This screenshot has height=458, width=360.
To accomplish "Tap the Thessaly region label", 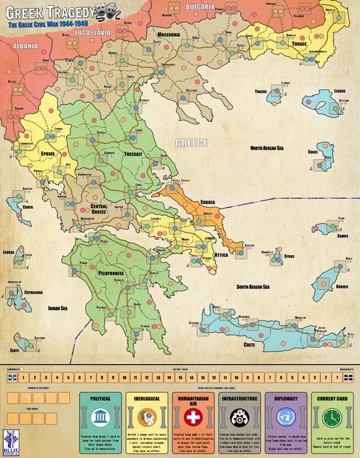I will (135, 154).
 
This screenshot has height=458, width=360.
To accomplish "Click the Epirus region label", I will (49, 155).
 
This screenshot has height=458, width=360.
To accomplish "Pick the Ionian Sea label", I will (57, 308).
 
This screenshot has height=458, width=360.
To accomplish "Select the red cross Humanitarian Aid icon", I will (193, 417).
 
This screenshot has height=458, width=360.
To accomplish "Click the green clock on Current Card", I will (332, 417).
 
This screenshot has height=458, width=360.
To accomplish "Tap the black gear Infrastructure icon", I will (239, 417).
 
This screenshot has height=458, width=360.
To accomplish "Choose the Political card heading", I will (100, 398).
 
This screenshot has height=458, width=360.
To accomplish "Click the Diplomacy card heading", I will (285, 398).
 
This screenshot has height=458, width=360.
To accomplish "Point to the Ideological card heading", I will (146, 398).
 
